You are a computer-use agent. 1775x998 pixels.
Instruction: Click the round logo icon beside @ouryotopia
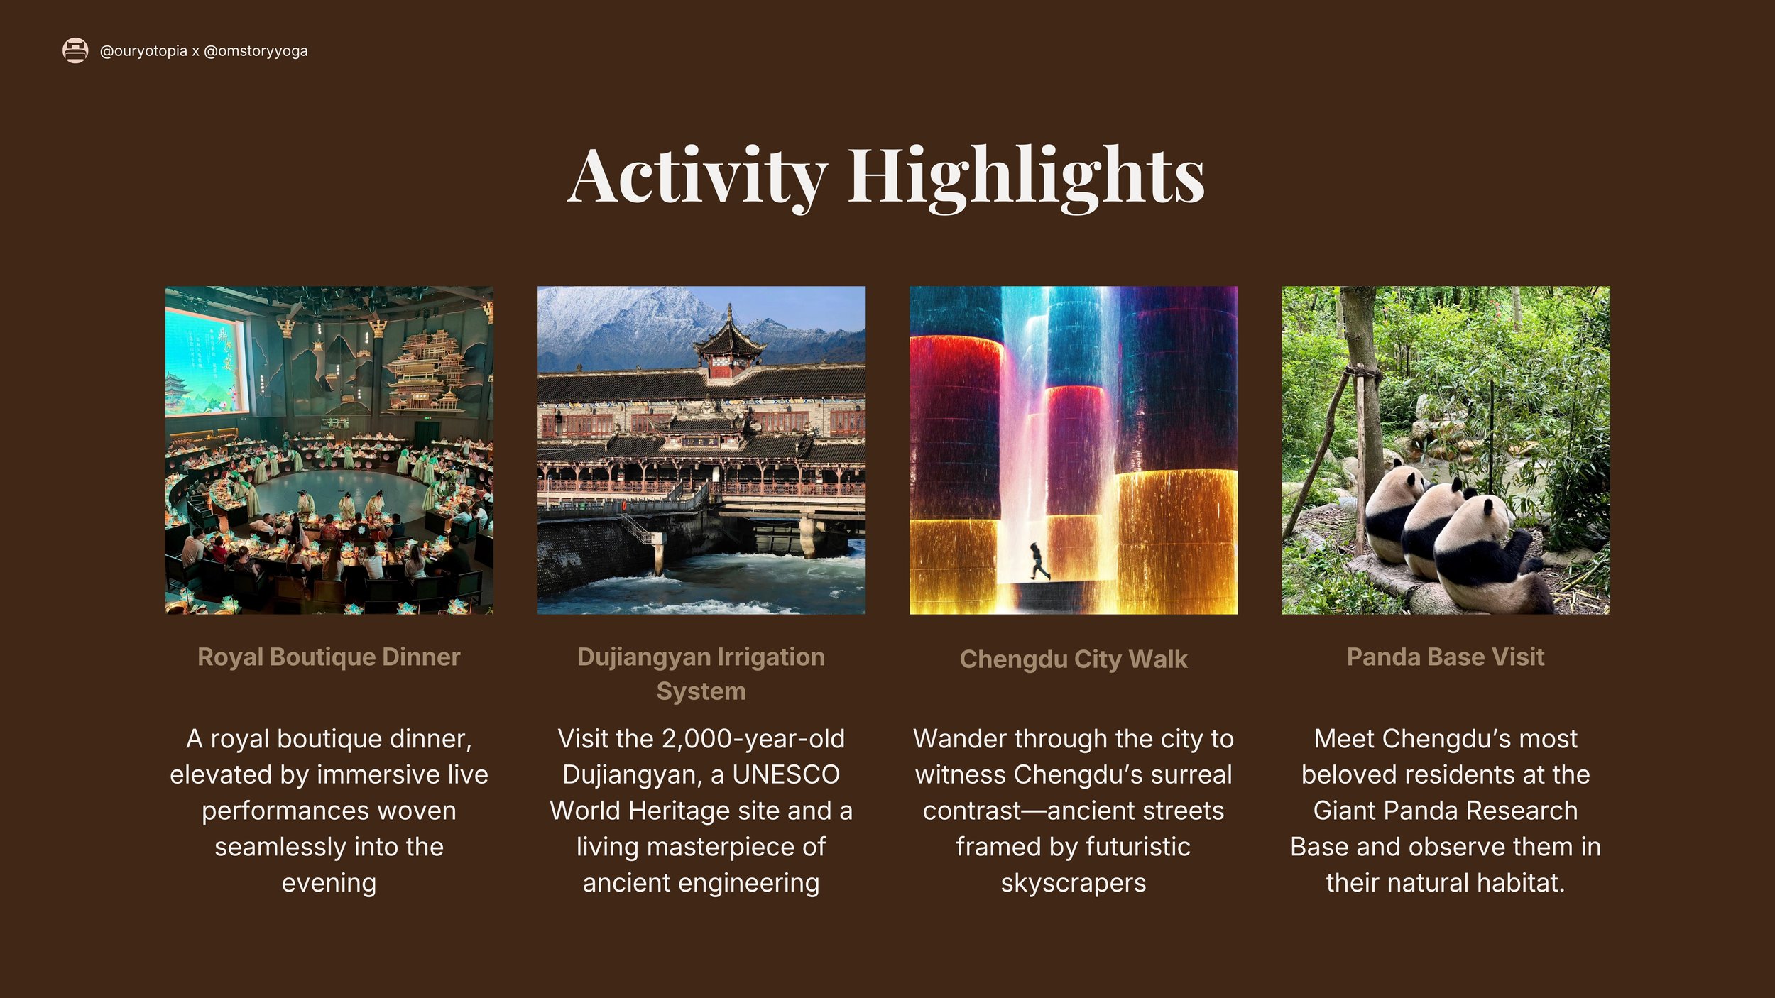click(x=75, y=50)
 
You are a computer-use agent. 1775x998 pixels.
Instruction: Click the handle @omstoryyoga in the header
click(x=256, y=51)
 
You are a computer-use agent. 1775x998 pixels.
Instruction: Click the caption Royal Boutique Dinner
click(x=329, y=657)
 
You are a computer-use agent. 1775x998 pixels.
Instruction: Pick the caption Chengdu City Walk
click(x=1073, y=659)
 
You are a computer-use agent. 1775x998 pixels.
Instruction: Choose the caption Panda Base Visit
click(x=1445, y=657)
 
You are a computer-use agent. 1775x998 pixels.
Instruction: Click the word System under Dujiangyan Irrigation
click(x=701, y=691)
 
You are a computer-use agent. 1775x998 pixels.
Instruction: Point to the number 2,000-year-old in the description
click(x=753, y=739)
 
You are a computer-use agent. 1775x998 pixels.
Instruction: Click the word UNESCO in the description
click(x=786, y=774)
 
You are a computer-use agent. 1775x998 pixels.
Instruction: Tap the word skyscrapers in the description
click(x=1073, y=882)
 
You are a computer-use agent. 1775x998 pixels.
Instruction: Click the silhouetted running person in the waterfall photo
click(x=1039, y=561)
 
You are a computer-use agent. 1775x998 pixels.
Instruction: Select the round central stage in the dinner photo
click(x=341, y=490)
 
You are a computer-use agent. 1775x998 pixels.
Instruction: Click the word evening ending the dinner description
click(x=329, y=882)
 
